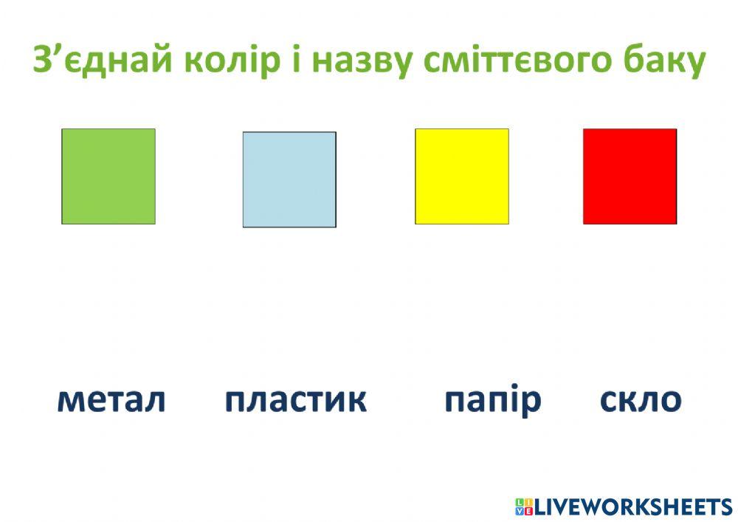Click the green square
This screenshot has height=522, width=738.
click(108, 176)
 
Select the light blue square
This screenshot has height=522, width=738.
click(289, 179)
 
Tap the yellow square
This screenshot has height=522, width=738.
click(462, 176)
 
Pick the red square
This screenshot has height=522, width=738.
click(630, 176)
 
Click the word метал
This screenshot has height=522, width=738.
click(111, 400)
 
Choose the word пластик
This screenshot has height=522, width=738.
click(295, 400)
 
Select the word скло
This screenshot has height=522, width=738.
click(641, 400)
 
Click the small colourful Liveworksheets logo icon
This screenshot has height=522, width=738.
click(523, 506)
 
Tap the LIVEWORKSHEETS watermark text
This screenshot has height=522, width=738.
click(632, 506)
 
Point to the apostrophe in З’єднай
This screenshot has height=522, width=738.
click(54, 50)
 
